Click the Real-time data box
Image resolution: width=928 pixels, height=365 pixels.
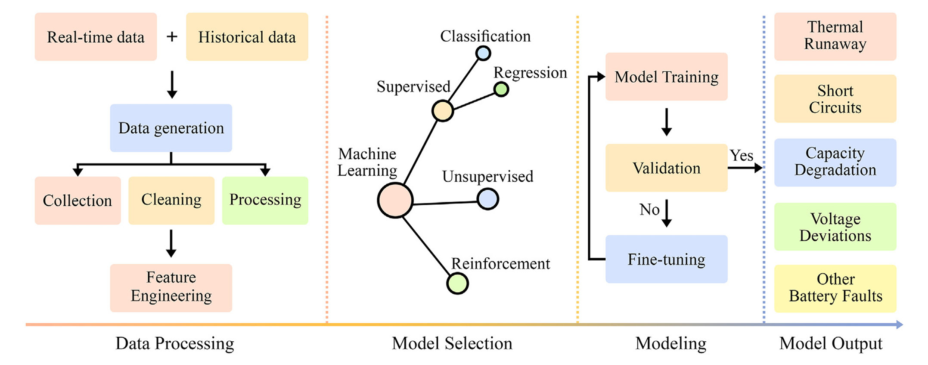point(96,37)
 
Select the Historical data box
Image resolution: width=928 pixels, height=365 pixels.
point(247,37)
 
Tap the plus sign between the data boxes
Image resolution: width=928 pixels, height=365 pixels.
point(172,37)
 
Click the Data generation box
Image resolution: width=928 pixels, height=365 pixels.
point(171,128)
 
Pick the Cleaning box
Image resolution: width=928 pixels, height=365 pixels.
point(171,200)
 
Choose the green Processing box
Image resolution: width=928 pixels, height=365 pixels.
point(265,200)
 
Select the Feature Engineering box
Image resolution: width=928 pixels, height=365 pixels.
point(171,287)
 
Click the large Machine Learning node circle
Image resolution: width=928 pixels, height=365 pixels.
point(395,200)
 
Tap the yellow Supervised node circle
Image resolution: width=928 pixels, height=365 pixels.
point(442,111)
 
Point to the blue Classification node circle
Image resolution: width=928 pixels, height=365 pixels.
point(483,53)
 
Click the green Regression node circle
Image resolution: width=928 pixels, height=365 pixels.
point(501,89)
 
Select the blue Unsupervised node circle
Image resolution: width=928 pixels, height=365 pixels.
point(487,199)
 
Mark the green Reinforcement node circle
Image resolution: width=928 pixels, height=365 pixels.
point(457,284)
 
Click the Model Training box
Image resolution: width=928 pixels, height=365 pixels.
point(666,77)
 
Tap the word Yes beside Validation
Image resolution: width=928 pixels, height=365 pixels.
point(741,156)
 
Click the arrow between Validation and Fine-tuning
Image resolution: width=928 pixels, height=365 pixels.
point(667,213)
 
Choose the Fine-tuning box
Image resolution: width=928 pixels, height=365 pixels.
point(666,259)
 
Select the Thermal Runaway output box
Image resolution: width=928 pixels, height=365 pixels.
point(835,36)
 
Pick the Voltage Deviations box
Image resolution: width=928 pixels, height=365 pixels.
point(835,227)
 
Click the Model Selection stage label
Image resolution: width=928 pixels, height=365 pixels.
point(452,343)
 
